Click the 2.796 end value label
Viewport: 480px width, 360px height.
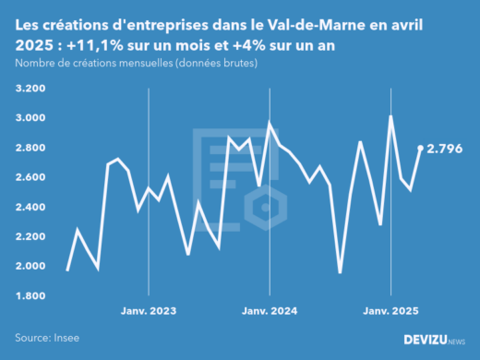[444, 148]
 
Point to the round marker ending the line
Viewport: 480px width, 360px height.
[421, 148]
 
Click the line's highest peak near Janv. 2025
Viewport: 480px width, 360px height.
[391, 116]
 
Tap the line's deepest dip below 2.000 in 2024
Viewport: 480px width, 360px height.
[340, 272]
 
